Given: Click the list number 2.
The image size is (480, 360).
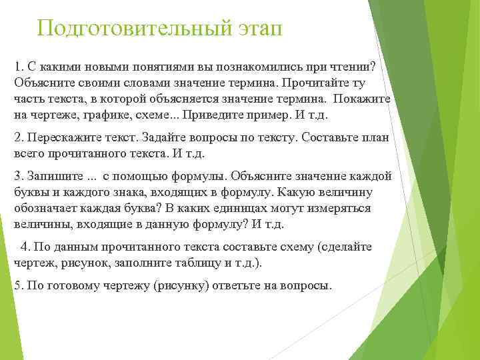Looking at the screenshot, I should point(18,137).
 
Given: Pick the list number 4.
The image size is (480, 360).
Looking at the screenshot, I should point(25,247).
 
